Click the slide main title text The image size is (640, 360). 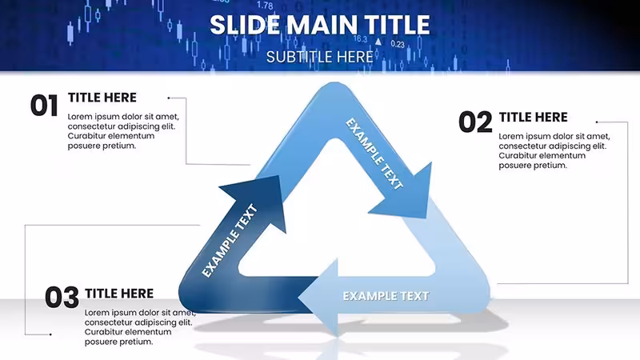pyautogui.click(x=319, y=25)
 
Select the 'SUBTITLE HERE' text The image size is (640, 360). pyautogui.click(x=319, y=57)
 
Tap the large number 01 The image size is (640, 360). pyautogui.click(x=44, y=106)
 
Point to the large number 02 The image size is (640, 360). pyautogui.click(x=475, y=122)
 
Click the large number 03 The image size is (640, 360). pyautogui.click(x=62, y=297)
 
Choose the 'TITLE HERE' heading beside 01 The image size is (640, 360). pyautogui.click(x=102, y=98)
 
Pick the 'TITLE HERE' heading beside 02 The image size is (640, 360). pyautogui.click(x=533, y=117)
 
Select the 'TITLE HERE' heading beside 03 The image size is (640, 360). pyautogui.click(x=119, y=294)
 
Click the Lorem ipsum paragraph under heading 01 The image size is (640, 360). pyautogui.click(x=123, y=131)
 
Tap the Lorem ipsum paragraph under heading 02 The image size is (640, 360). pyautogui.click(x=554, y=150)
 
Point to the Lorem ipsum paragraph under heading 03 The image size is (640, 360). pyautogui.click(x=141, y=327)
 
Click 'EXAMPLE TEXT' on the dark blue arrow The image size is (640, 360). pyautogui.click(x=230, y=241)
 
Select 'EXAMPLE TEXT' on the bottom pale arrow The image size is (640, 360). pyautogui.click(x=386, y=296)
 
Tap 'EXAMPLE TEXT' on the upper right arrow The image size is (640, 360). pyautogui.click(x=374, y=154)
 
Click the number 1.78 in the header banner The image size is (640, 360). pyautogui.click(x=265, y=6)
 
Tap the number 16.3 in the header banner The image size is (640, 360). pyautogui.click(x=360, y=38)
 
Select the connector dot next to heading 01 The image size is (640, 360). pyautogui.click(x=169, y=98)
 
